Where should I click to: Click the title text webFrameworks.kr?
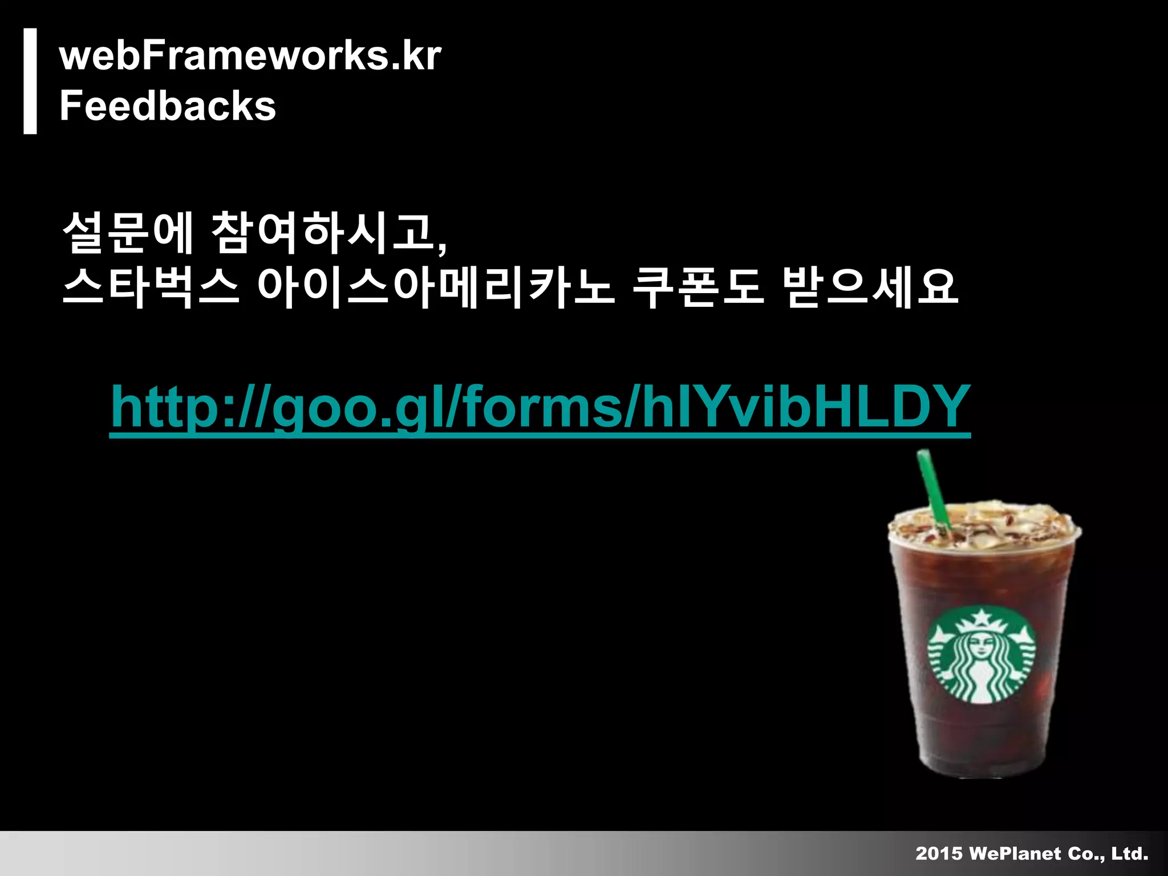tap(250, 56)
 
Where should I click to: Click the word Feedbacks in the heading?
tap(167, 106)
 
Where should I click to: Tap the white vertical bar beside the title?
tap(30, 81)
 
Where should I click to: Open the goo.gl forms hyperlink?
tap(540, 407)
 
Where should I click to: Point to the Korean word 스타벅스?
tap(150, 287)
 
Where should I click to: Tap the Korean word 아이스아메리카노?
tap(436, 287)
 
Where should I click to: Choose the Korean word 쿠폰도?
tap(697, 287)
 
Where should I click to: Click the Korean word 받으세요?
tap(871, 287)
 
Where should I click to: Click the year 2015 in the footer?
tap(938, 853)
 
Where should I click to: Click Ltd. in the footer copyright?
tap(1129, 853)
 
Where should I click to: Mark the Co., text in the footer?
tap(1086, 853)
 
